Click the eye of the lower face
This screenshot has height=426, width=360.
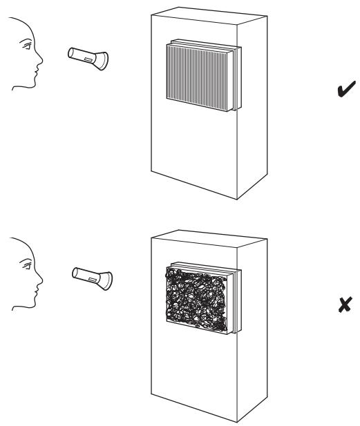point(27,265)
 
